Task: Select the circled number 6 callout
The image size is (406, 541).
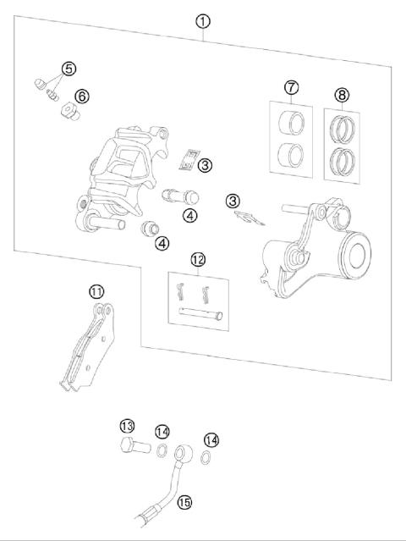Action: (x=81, y=97)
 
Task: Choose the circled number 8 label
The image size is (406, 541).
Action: (x=342, y=94)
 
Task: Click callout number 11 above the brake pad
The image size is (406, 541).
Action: (x=97, y=292)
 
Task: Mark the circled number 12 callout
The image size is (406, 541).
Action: (x=198, y=259)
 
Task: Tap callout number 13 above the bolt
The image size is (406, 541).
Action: (x=127, y=426)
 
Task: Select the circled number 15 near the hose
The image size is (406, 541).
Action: (x=185, y=502)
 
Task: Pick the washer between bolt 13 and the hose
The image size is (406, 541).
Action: (x=161, y=449)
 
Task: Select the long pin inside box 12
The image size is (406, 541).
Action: (x=201, y=315)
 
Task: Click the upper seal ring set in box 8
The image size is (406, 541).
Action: (x=342, y=130)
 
